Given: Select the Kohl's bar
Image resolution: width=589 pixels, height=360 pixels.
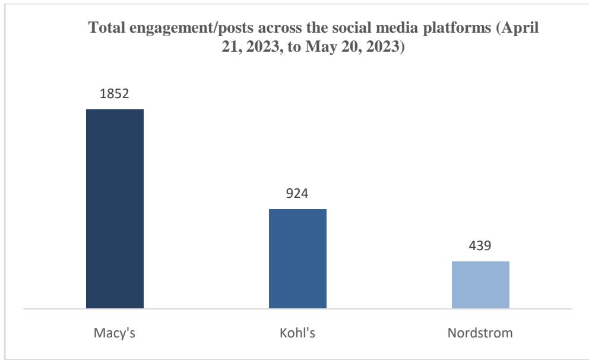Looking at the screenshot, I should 297,259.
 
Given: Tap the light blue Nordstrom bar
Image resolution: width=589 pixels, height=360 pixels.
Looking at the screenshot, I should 480,285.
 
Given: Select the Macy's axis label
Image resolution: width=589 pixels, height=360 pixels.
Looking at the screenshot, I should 115,331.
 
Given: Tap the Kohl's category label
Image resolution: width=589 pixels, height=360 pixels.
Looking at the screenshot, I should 297,331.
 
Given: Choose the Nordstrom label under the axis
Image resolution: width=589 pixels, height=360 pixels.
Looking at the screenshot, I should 480,331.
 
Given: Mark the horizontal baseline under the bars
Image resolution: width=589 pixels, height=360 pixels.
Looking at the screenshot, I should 297,309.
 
